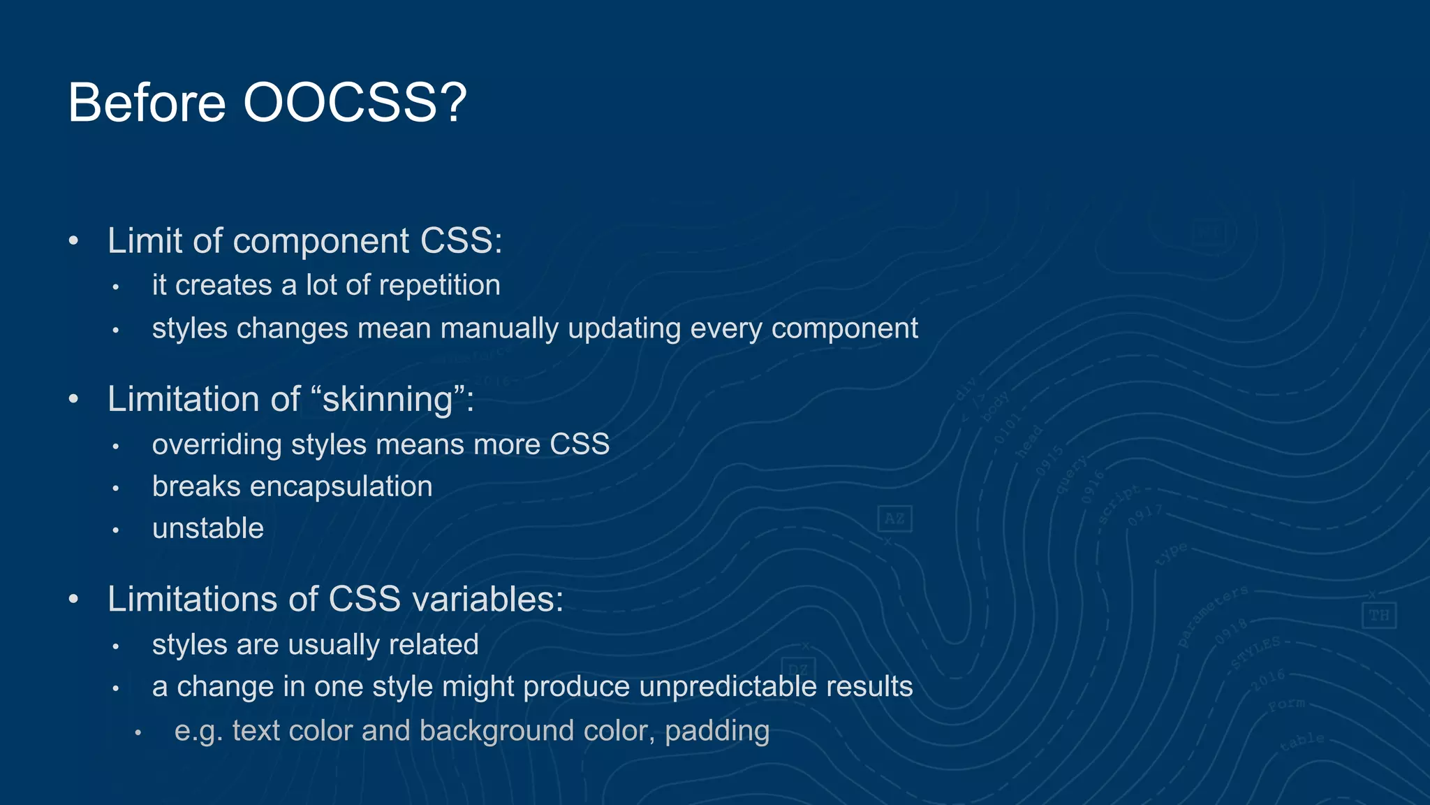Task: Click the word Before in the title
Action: (147, 103)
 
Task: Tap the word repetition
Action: (440, 286)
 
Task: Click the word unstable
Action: (208, 528)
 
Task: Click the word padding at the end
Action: (717, 731)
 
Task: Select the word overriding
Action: (217, 444)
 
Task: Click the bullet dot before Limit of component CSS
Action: (74, 241)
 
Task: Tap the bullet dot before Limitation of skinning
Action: (74, 400)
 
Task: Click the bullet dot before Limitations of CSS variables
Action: (74, 600)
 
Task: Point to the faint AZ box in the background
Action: (894, 519)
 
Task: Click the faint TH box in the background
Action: (1379, 616)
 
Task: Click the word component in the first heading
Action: (321, 241)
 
